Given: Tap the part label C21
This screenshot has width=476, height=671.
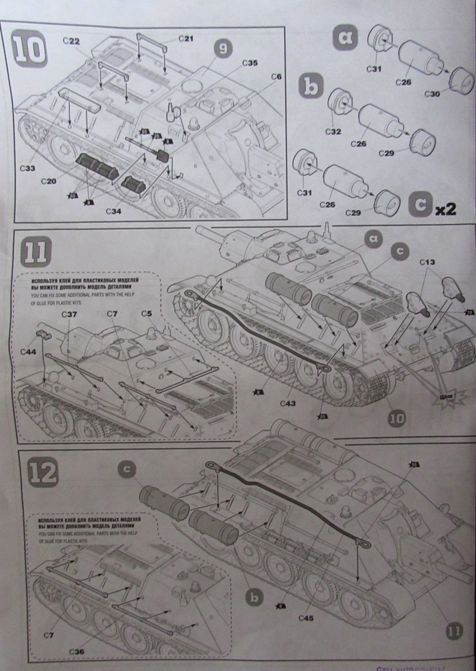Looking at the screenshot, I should (x=186, y=38).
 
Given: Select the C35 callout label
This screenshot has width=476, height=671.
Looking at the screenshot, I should (x=250, y=63).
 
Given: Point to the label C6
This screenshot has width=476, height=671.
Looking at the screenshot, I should (x=277, y=76).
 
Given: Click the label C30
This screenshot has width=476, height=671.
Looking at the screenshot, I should (x=431, y=94).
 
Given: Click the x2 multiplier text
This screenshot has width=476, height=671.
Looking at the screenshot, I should (x=446, y=209).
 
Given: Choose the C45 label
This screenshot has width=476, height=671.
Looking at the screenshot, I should (x=307, y=617).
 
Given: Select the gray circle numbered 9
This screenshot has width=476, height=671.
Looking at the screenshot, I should (x=222, y=50).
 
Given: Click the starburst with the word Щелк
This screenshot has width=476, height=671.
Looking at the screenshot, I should (x=448, y=399).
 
